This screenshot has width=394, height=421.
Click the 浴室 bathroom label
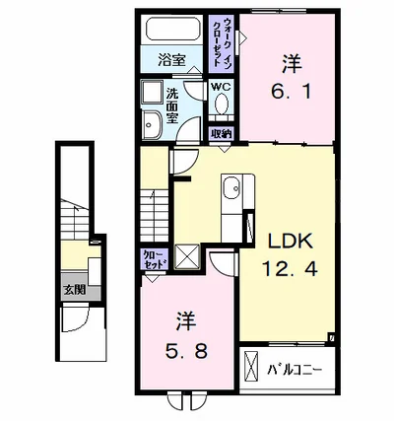171,60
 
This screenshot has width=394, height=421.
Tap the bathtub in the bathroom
173,29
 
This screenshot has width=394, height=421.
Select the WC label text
221,87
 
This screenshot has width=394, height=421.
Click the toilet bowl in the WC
222,104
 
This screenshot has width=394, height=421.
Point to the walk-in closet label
221,42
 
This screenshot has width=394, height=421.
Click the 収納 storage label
222,134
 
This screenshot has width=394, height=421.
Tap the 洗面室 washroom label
172,105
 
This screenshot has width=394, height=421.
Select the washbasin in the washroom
152,124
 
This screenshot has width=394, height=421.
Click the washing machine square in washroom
152,92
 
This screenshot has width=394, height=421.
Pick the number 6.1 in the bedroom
292,92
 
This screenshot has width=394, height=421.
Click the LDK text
291,242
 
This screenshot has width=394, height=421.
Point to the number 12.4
290,268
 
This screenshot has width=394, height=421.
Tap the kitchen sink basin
232,186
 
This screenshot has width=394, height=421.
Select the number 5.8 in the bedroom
186,351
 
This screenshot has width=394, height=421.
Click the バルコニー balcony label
295,370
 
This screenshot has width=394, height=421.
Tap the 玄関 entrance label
75,290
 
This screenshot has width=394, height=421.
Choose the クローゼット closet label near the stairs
154,259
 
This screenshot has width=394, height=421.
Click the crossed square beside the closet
187,256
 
